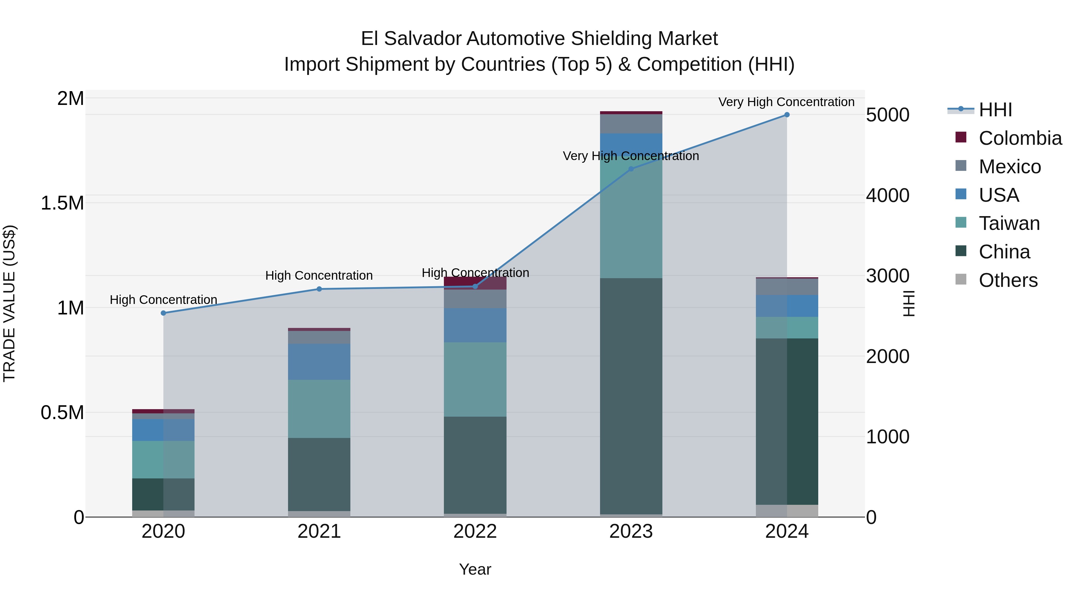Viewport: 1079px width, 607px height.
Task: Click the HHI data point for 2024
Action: point(787,115)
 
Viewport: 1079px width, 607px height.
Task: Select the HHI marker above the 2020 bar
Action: point(163,313)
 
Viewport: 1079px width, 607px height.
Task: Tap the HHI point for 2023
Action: point(631,169)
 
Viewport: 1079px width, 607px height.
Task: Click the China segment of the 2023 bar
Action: point(631,396)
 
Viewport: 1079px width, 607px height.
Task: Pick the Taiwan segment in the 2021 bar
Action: point(319,409)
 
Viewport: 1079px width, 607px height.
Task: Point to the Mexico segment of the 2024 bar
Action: point(787,287)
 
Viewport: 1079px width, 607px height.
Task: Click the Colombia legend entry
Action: point(1020,138)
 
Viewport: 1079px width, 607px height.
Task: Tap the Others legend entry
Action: point(1008,280)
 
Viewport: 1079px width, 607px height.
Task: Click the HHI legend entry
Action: point(995,110)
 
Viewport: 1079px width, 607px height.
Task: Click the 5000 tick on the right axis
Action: point(887,115)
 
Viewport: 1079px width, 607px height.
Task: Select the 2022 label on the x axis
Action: point(475,531)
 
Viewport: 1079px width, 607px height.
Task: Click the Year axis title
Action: point(475,569)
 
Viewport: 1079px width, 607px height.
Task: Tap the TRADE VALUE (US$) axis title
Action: point(9,303)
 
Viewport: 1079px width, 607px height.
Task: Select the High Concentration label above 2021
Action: point(319,276)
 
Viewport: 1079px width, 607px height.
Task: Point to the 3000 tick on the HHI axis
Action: point(887,276)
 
